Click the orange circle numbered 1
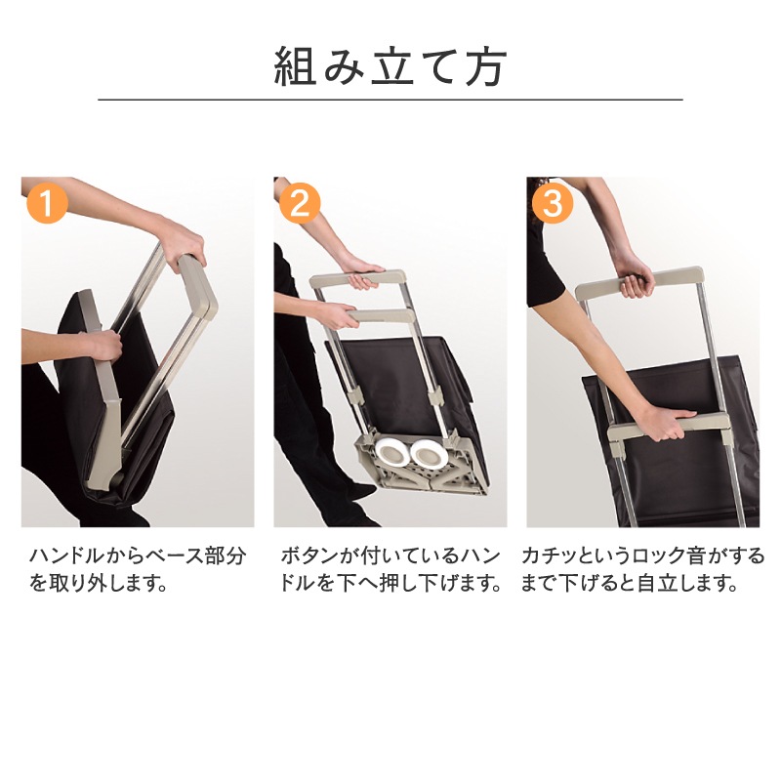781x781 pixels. (x=46, y=203)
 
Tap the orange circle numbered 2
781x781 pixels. (x=300, y=203)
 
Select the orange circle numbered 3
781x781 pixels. (x=552, y=203)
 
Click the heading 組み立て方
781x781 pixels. (x=390, y=66)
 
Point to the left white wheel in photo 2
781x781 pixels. (x=392, y=454)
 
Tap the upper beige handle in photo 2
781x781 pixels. (x=357, y=280)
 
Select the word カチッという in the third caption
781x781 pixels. (x=569, y=555)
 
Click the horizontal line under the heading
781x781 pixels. (x=390, y=100)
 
